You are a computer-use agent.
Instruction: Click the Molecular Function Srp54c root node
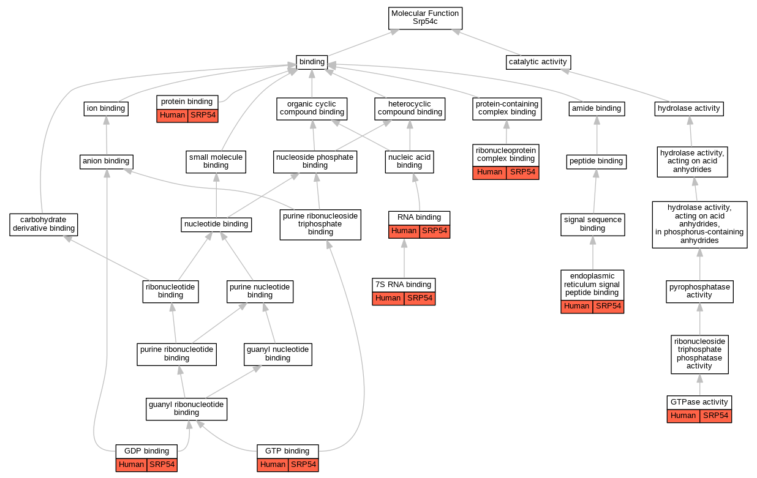(425, 18)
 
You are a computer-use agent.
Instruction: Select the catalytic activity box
(538, 62)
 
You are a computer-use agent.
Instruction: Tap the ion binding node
(106, 108)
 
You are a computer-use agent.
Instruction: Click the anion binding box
(107, 162)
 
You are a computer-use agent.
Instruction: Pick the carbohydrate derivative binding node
(43, 224)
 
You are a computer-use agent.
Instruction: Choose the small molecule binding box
(216, 161)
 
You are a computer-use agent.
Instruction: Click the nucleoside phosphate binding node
(315, 161)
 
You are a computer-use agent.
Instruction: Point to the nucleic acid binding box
(409, 161)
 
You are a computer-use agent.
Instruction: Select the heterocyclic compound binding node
(410, 108)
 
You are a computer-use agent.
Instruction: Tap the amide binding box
(596, 108)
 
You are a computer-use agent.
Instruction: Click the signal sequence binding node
(592, 224)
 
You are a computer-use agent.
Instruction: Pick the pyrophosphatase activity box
(699, 291)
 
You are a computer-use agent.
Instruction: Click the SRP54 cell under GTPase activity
(715, 416)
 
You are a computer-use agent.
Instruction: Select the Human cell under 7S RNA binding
(388, 298)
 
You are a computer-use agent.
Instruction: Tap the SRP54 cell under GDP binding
(162, 465)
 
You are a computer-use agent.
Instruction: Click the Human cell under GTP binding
(273, 465)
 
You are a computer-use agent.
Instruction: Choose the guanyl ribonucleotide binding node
(186, 408)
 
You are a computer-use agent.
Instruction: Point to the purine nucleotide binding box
(260, 291)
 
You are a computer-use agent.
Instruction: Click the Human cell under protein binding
(172, 116)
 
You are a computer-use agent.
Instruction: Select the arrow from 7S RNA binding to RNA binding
(404, 258)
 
